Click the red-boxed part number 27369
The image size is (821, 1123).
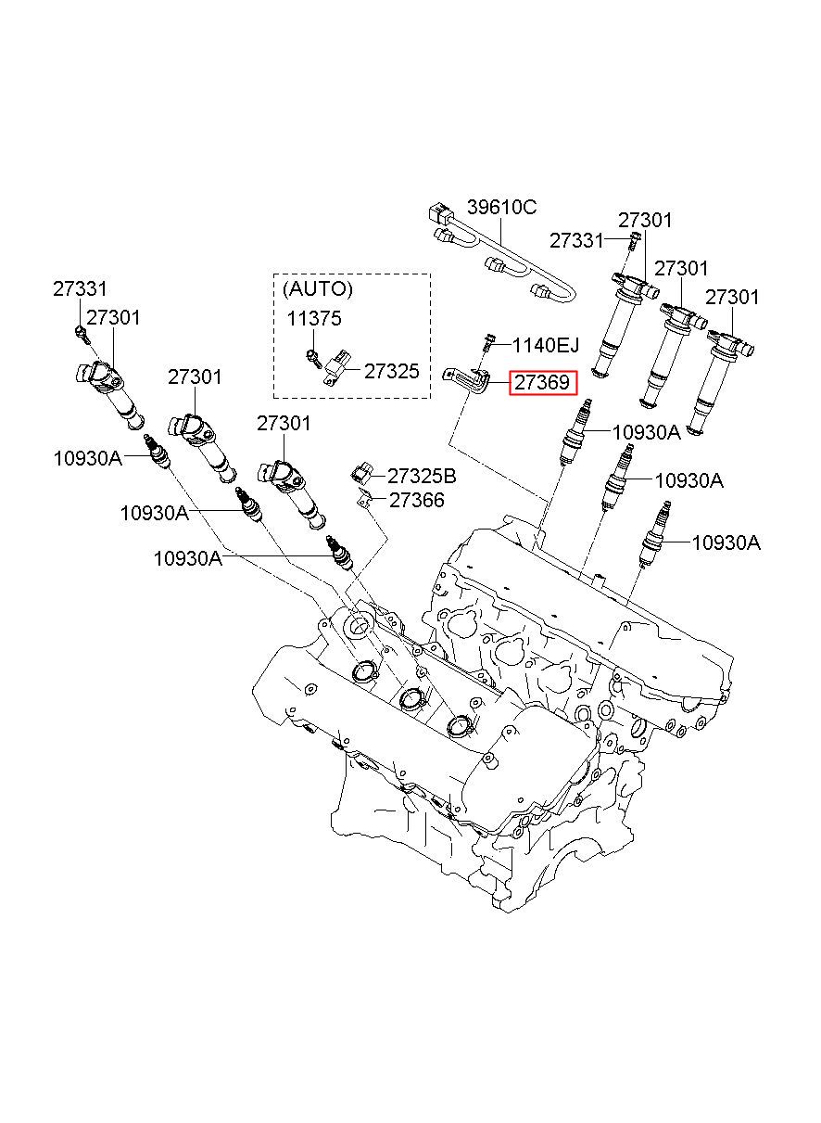coord(542,383)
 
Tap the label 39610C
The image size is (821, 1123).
coord(502,207)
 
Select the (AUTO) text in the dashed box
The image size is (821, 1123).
coord(318,288)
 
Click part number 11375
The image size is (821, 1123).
coord(314,318)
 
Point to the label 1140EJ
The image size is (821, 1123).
coord(546,345)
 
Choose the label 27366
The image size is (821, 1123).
coord(417,500)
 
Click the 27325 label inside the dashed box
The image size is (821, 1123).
coord(392,372)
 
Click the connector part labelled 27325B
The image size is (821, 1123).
coord(360,474)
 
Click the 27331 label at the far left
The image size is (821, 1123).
coord(80,288)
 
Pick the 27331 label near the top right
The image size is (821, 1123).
coord(576,241)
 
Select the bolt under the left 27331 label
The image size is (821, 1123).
coord(82,335)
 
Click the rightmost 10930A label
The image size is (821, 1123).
coord(726,542)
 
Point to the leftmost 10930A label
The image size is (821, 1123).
coord(88,458)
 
